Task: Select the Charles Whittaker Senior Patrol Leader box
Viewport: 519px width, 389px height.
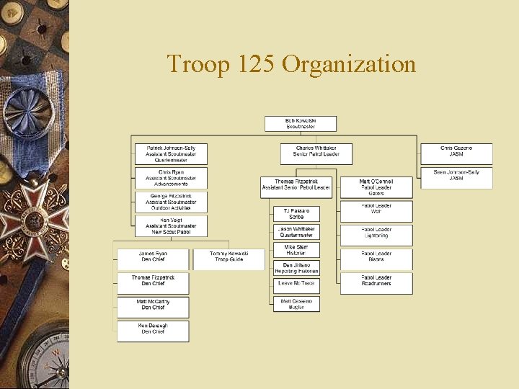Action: coord(316,151)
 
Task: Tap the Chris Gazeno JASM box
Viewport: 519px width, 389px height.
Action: coord(456,151)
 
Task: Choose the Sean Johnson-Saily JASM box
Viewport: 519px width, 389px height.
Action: coord(456,175)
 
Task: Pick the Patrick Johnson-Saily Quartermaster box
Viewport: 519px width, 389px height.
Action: coord(171,153)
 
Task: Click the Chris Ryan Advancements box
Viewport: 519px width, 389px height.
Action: coord(171,178)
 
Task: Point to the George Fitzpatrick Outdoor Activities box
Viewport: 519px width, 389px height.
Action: coord(171,202)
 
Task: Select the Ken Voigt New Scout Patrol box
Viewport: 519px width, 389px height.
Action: coord(171,225)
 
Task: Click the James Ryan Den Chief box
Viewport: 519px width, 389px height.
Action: coord(152,256)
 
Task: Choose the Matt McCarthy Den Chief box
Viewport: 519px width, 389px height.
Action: coord(153,305)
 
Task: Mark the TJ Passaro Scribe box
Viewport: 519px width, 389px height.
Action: coord(296,214)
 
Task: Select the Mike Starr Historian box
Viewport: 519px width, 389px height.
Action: coord(296,250)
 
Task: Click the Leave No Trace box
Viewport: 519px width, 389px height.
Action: coord(296,283)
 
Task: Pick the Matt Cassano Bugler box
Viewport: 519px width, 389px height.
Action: coord(296,304)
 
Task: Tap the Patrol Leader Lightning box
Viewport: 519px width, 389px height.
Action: coord(376,233)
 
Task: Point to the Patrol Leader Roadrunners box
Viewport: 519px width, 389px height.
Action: coord(376,281)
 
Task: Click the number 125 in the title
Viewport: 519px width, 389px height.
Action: coord(251,64)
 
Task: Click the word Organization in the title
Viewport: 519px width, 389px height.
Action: coord(349,64)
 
